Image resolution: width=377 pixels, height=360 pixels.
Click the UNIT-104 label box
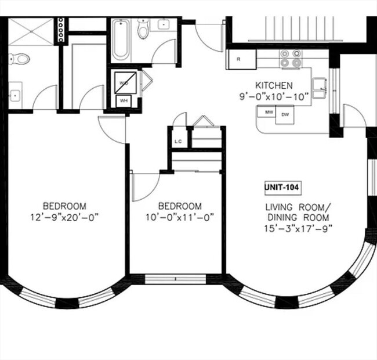282,188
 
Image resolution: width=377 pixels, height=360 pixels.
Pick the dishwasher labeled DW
285,114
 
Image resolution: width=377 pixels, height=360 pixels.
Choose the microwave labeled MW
269,113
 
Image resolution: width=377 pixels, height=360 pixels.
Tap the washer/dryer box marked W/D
124,82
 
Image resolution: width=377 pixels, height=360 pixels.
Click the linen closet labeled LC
178,141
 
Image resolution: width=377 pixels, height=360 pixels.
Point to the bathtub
121,40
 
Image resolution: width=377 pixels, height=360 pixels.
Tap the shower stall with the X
30,31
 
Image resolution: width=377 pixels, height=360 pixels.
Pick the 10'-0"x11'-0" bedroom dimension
180,217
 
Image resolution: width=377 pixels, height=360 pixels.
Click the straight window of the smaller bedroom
175,279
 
